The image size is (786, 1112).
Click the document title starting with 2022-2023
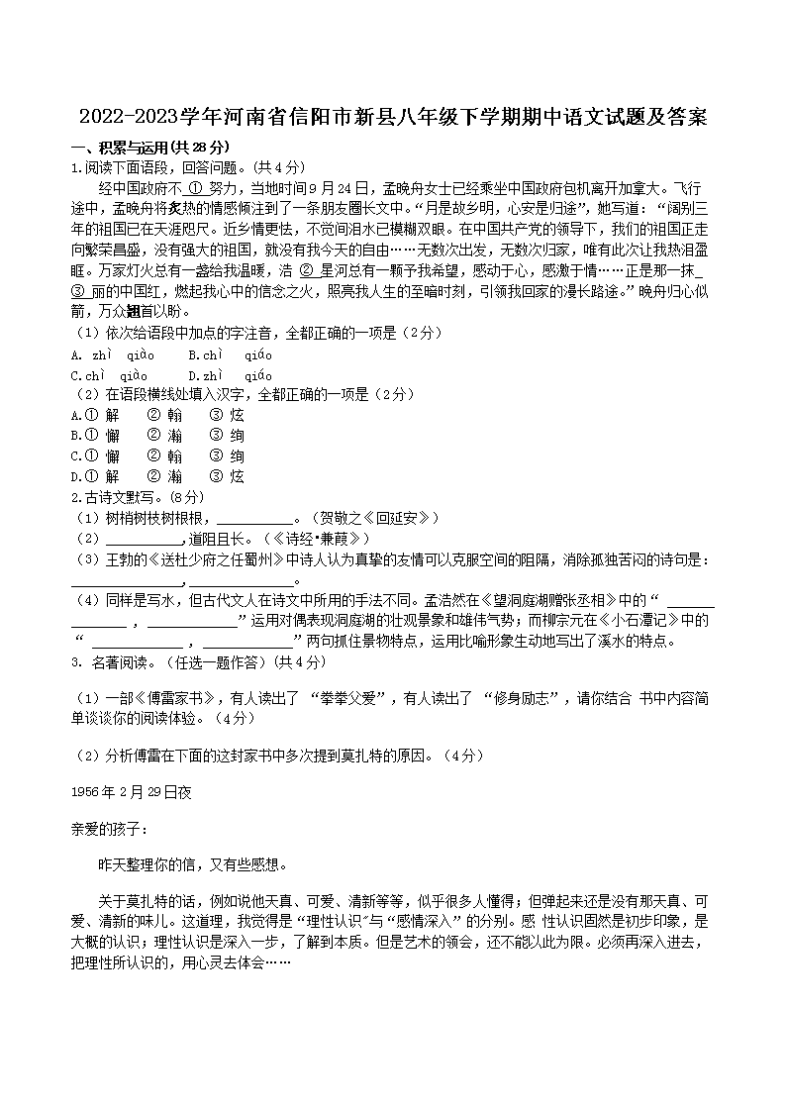393,119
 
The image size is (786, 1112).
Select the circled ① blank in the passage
194,188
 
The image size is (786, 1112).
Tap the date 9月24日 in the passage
341,188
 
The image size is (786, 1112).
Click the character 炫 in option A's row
237,416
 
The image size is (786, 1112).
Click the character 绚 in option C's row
237,456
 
